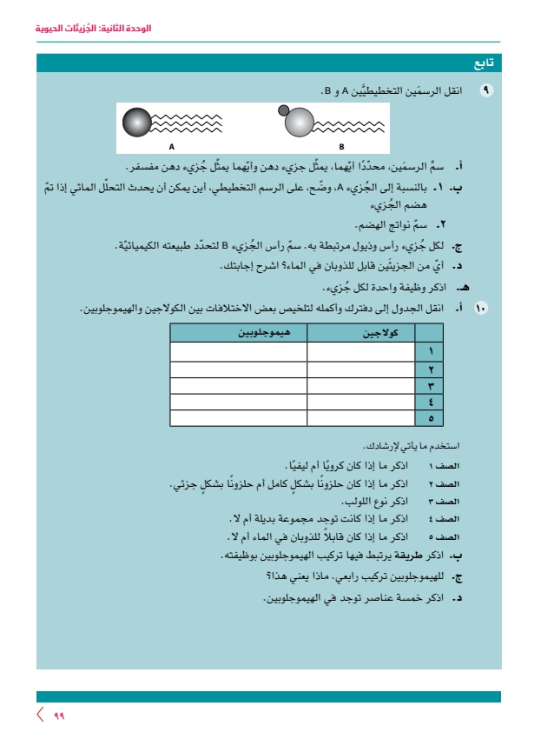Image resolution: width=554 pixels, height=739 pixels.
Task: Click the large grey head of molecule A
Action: (136, 123)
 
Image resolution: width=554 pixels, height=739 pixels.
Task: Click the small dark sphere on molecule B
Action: (283, 110)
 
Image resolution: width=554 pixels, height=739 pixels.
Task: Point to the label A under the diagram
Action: (172, 146)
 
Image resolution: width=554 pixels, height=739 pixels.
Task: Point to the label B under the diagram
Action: (341, 146)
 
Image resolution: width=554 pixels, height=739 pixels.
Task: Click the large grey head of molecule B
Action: (299, 123)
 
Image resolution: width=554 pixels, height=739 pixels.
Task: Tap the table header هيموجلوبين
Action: (239, 333)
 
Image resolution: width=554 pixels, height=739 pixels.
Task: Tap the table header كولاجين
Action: (360, 333)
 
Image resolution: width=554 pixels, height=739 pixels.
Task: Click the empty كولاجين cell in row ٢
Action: (360, 368)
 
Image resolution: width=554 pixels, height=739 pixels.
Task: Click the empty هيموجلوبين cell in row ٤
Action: (239, 401)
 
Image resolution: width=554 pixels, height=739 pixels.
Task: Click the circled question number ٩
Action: (485, 90)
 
